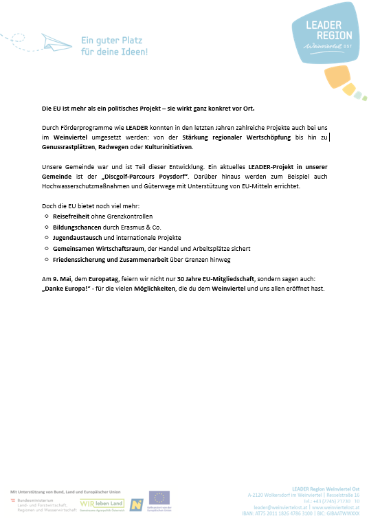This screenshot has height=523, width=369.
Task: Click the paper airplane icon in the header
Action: [x=55, y=43]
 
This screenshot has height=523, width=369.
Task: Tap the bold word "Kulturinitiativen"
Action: [x=168, y=147]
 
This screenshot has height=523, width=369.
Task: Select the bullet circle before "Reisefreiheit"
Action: [x=46, y=216]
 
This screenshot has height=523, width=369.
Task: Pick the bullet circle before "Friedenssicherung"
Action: [x=46, y=260]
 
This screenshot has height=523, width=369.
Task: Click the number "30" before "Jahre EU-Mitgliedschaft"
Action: [x=180, y=279]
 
